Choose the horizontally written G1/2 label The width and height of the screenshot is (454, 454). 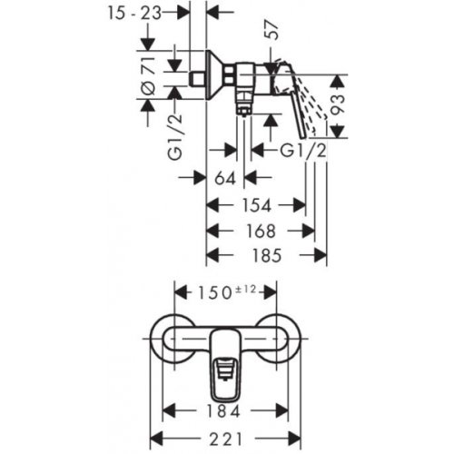pyautogui.click(x=291, y=148)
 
